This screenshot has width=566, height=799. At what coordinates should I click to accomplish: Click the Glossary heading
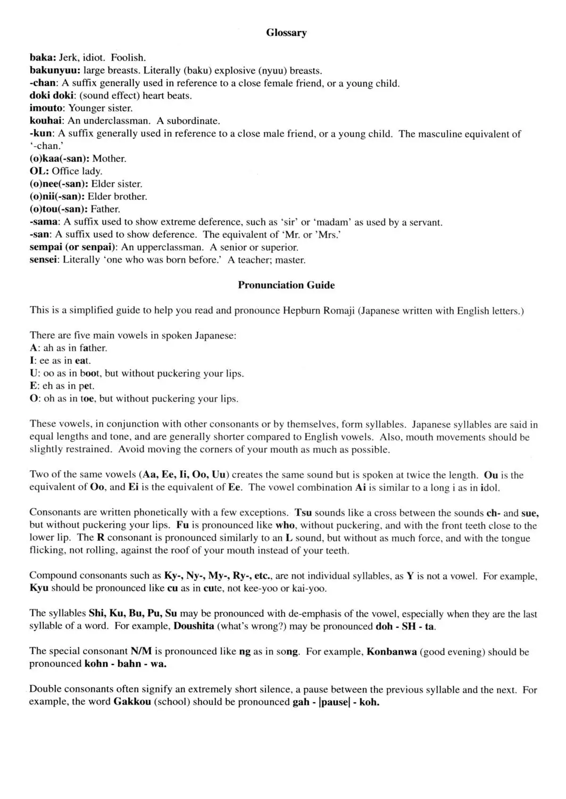286,33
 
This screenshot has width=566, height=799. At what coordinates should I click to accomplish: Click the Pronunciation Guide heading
286,285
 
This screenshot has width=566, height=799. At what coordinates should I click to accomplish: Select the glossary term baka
42,58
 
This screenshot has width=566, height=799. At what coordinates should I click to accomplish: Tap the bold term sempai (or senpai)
73,247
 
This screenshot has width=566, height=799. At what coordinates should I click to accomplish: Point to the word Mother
109,159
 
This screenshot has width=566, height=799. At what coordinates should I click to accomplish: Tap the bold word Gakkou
132,702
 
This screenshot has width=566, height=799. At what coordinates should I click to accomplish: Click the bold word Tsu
303,513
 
